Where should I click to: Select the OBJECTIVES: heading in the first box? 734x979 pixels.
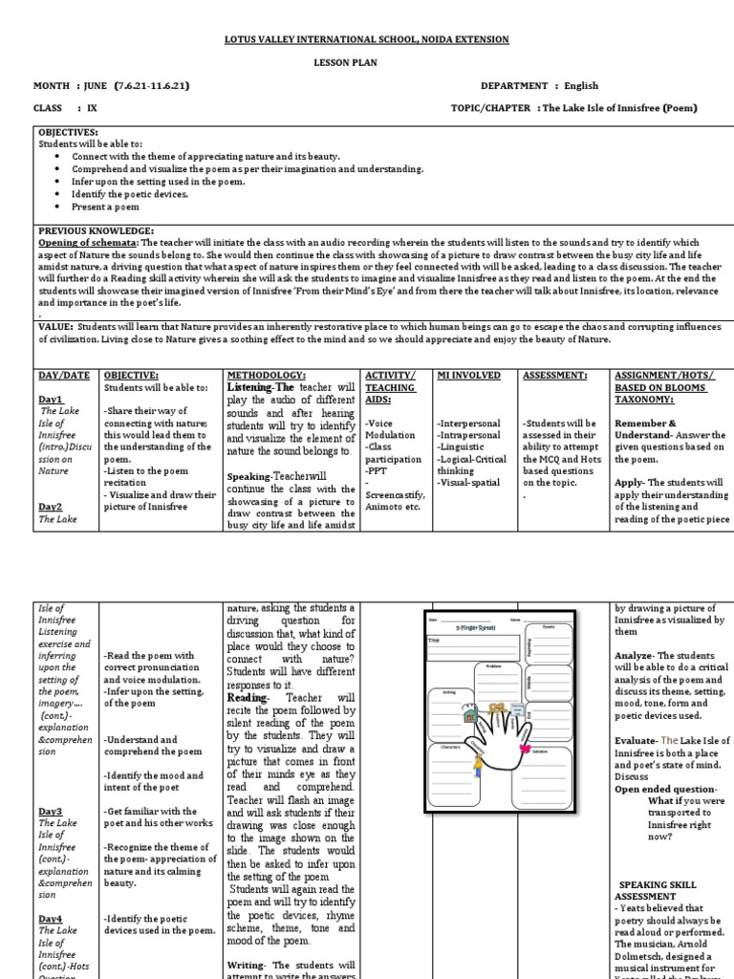[x=68, y=131]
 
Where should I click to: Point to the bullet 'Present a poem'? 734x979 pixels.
[x=105, y=207]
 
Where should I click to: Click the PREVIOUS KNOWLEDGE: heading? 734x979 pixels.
[x=96, y=230]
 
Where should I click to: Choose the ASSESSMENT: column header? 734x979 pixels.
[x=554, y=376]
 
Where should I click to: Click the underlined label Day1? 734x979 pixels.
[x=51, y=399]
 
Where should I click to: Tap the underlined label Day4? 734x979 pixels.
[x=51, y=918]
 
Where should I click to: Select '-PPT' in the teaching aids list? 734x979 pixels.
[x=377, y=470]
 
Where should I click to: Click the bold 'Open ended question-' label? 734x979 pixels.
[x=654, y=790]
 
